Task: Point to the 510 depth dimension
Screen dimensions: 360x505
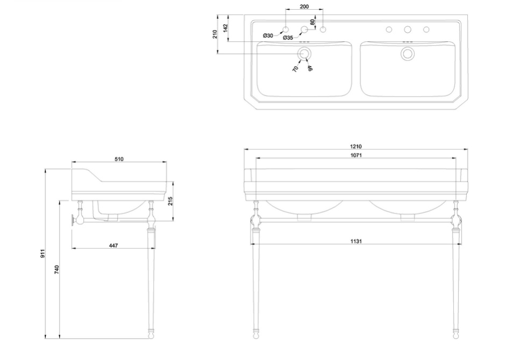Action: point(119,159)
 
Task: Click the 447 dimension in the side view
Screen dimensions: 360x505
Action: point(113,245)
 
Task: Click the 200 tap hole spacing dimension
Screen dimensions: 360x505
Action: point(304,6)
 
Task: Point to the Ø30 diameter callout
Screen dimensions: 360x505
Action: point(268,35)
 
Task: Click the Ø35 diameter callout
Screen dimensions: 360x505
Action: point(288,38)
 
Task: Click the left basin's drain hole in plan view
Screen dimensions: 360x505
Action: point(304,53)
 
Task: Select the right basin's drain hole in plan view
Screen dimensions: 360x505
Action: point(408,53)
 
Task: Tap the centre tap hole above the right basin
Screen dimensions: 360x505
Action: point(408,29)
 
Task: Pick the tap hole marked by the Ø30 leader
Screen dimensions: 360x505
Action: point(286,29)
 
